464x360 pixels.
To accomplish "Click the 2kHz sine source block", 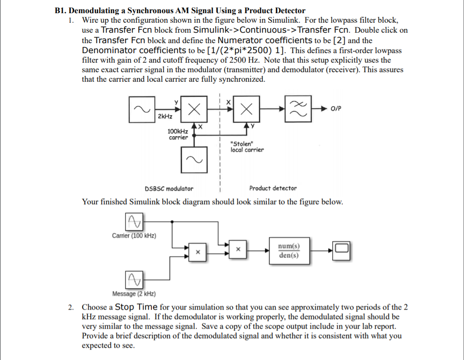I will [x=142, y=109].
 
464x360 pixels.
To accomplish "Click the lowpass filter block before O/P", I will [x=298, y=109].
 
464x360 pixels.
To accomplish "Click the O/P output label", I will [x=336, y=109].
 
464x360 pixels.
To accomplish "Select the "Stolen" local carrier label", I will [x=247, y=147].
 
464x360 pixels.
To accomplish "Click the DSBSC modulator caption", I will [x=169, y=188].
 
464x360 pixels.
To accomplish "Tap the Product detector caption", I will [x=273, y=188].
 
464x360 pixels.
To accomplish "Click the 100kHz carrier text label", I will [x=178, y=134].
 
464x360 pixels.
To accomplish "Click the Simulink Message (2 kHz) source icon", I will [x=133, y=278].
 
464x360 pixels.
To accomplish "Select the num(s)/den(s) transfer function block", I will [x=289, y=251].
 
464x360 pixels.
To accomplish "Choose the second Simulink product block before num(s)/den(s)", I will [x=237, y=249].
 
